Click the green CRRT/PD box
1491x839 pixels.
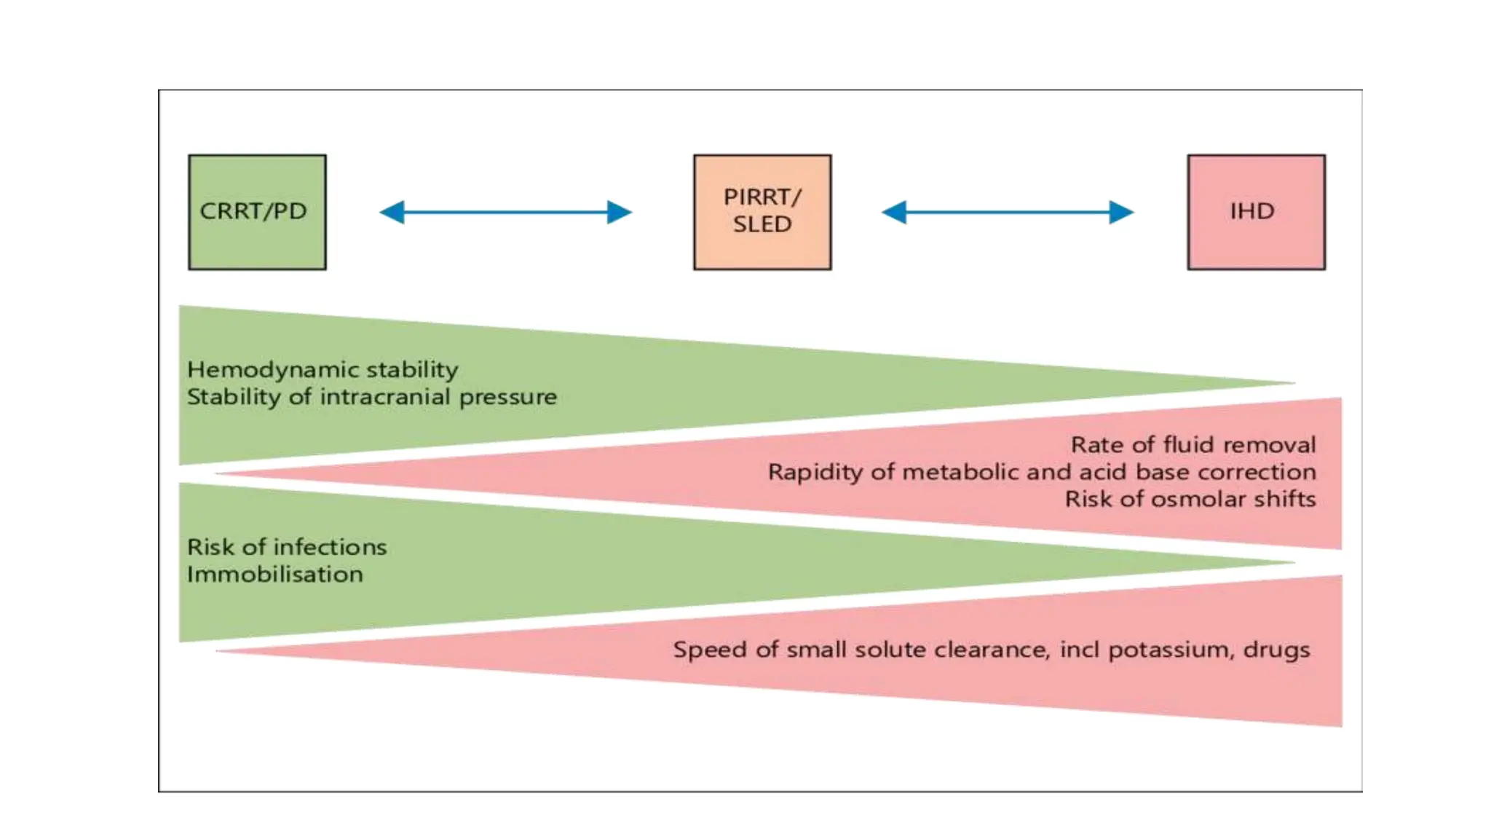(x=257, y=212)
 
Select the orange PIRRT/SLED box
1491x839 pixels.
(x=762, y=212)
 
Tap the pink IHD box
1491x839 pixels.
(x=1256, y=212)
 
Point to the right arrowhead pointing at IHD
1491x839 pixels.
(x=1121, y=213)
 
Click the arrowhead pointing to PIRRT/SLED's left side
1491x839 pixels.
(x=620, y=213)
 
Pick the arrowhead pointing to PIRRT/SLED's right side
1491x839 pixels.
(x=894, y=213)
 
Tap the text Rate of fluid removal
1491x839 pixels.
(x=1193, y=445)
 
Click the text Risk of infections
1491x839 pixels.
(x=287, y=547)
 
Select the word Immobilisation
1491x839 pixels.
(x=274, y=575)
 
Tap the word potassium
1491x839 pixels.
(x=1171, y=650)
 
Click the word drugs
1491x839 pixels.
(x=1276, y=650)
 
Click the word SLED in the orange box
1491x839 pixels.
(x=762, y=224)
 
